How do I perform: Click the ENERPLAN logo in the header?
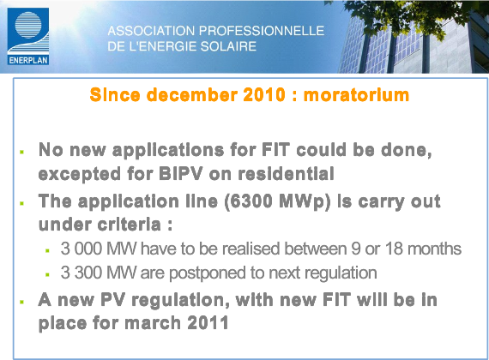pos(28,36)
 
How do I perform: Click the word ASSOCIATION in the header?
pos(151,31)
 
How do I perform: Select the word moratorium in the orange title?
pos(356,95)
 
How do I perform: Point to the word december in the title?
pos(192,95)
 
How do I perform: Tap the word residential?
pos(286,174)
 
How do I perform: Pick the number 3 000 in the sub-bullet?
pos(81,249)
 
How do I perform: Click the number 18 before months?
pos(394,249)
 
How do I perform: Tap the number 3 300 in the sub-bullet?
pos(81,273)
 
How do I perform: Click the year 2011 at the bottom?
pos(208,322)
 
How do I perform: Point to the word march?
pos(153,322)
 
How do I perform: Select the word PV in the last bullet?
pos(113,300)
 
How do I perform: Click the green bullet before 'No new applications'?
pos(21,152)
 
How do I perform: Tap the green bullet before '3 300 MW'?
pos(47,274)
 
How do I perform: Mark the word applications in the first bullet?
pos(168,150)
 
